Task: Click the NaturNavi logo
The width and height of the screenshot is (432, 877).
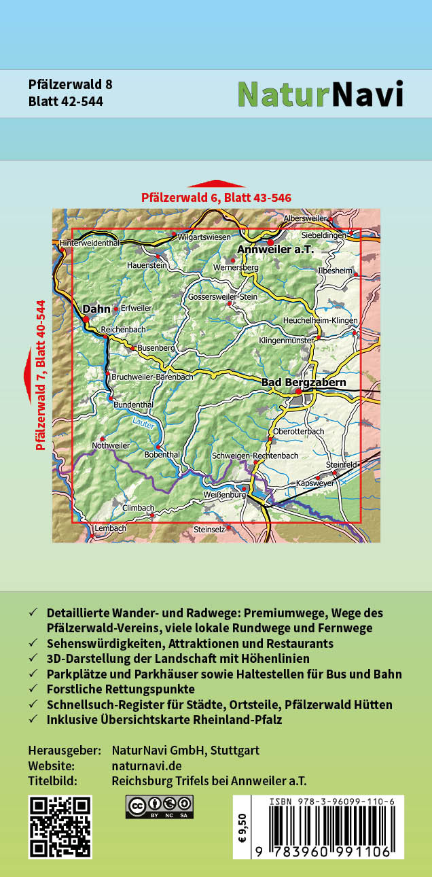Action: click(x=320, y=94)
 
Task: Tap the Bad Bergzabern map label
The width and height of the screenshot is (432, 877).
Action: click(x=304, y=383)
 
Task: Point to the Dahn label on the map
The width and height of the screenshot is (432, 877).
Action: click(x=96, y=309)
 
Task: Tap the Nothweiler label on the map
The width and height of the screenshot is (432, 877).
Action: click(x=110, y=445)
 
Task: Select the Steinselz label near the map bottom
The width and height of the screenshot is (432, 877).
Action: click(x=209, y=528)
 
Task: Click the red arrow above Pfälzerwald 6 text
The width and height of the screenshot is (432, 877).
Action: click(x=216, y=184)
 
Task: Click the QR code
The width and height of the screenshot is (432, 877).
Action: click(x=60, y=827)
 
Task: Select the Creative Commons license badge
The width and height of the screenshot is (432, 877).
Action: click(x=159, y=807)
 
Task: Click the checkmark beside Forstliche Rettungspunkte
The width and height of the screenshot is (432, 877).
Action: click(x=33, y=689)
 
